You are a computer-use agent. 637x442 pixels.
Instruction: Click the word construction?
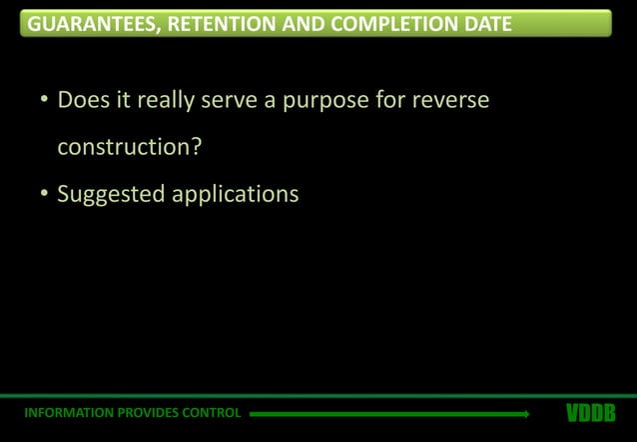click(x=130, y=148)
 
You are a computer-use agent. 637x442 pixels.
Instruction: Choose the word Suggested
click(x=111, y=193)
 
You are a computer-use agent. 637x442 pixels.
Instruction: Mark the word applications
click(x=235, y=193)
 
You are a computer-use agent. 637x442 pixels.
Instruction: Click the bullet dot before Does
click(x=44, y=103)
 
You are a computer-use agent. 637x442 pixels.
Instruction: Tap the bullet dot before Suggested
click(x=44, y=194)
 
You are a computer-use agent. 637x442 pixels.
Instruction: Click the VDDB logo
click(x=590, y=413)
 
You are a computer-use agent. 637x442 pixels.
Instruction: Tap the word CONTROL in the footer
click(x=212, y=413)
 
